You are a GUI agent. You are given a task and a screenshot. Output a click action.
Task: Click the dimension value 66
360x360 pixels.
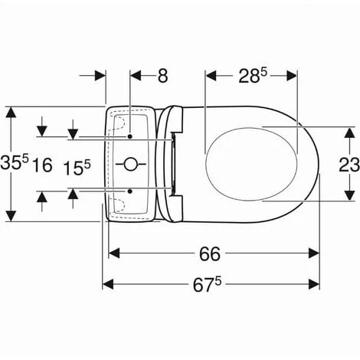tap(210, 254)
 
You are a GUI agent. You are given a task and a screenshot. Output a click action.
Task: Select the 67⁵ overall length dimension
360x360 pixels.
tap(207, 284)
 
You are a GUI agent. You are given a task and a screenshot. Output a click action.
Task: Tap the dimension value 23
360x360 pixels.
tap(349, 165)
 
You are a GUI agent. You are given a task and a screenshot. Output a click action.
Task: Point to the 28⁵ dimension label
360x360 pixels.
tap(253, 76)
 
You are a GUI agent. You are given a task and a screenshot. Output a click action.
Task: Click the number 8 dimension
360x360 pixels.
tap(162, 76)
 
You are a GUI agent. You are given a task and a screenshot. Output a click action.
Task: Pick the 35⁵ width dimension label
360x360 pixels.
tap(15, 162)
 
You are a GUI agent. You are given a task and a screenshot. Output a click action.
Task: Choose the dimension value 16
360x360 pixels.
tap(42, 165)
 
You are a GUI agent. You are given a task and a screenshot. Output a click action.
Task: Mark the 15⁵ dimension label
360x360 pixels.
tap(77, 168)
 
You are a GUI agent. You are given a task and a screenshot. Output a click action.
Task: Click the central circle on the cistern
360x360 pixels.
tap(130, 164)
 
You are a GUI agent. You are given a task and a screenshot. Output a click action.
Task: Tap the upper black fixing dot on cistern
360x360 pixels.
tap(130, 136)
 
